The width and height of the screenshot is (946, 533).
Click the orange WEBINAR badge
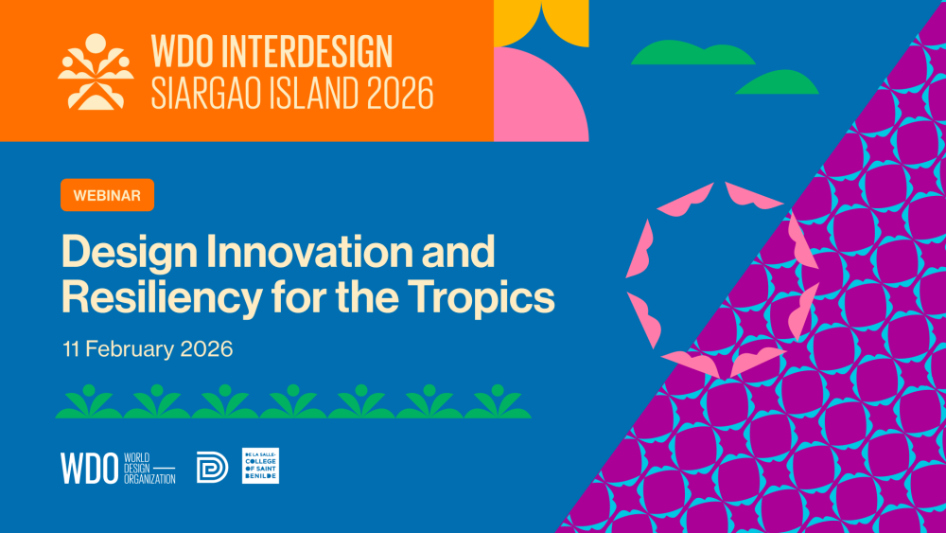coord(108,195)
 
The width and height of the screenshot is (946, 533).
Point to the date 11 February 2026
coord(148,349)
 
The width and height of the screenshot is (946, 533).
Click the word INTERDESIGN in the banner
coord(307,52)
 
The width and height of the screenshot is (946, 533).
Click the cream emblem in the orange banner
coord(96,72)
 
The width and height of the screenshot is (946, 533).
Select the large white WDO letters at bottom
coord(89,469)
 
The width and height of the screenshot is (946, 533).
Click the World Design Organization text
coord(149,469)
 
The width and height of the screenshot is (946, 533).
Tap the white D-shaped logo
coord(212,468)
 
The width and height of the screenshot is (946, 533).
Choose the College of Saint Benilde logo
coord(261,466)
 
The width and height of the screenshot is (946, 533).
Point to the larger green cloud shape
coord(692,53)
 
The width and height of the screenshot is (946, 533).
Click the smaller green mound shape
coord(777,82)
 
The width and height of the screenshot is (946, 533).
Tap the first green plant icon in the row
coord(89,401)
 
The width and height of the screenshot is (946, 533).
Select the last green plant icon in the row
coord(498,401)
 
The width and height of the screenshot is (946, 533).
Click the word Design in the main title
coord(130,252)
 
